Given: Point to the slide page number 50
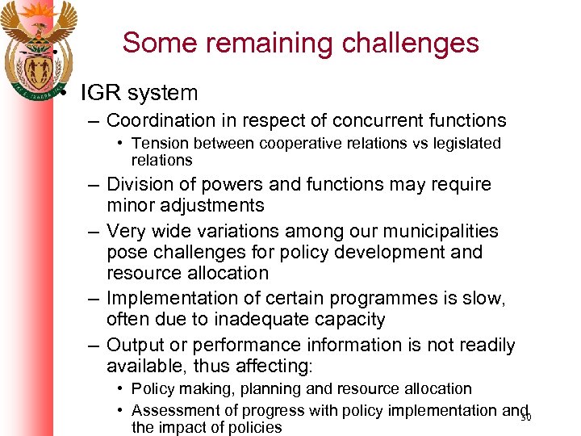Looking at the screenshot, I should tap(525, 417).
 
